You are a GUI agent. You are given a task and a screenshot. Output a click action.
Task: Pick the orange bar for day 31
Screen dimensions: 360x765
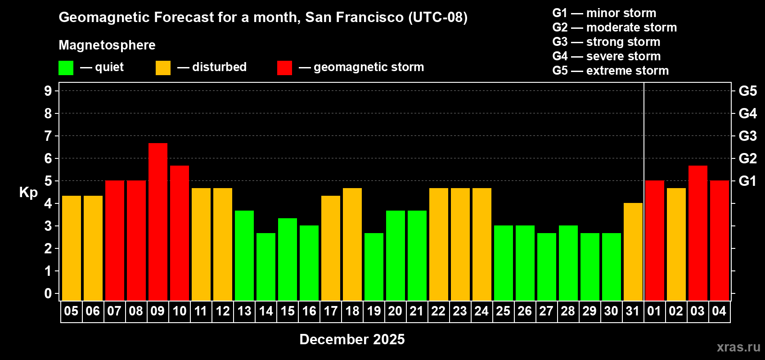click(633, 252)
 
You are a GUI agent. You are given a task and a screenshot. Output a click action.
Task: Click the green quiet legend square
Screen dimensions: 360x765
click(66, 68)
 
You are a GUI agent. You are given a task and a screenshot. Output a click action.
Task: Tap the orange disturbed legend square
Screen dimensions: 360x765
click(163, 68)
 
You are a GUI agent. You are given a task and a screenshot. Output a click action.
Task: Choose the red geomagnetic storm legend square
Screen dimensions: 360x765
click(284, 68)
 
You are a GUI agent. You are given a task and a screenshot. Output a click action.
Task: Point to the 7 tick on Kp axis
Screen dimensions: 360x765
click(48, 136)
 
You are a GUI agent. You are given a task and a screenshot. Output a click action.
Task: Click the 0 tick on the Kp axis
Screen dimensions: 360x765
click(48, 294)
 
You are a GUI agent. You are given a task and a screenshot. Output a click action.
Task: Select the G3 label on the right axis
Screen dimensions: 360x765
click(747, 136)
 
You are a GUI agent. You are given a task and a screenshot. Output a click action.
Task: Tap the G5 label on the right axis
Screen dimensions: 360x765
click(747, 91)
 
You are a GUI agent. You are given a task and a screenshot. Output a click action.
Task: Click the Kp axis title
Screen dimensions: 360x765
click(28, 192)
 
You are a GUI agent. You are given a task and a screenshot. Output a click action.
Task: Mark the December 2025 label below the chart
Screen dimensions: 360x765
click(352, 339)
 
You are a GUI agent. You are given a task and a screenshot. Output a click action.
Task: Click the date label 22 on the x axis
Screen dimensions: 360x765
click(438, 311)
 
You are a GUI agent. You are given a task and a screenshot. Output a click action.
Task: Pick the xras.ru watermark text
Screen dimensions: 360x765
click(738, 347)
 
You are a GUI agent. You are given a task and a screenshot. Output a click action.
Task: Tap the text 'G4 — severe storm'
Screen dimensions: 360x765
click(606, 56)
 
